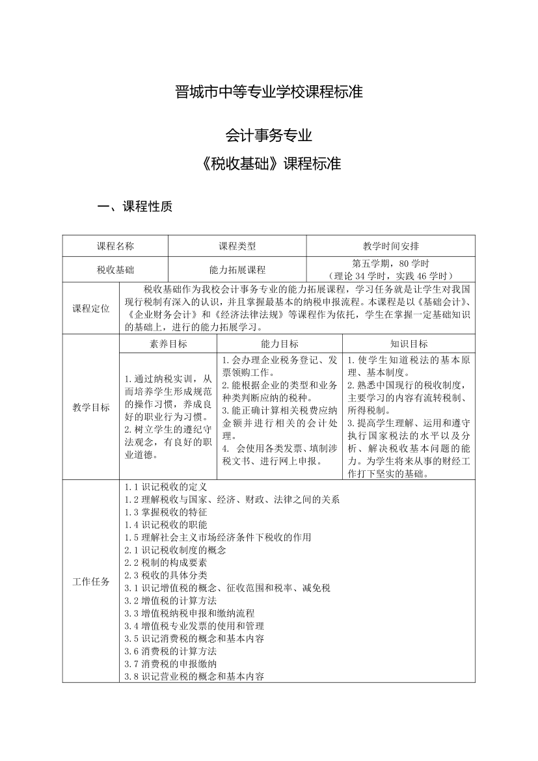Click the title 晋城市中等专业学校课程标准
point(269,90)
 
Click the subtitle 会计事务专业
point(269,135)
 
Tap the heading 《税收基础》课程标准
point(269,163)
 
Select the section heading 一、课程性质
point(135,207)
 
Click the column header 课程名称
point(115,246)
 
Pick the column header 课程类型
point(237,246)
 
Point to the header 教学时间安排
point(390,246)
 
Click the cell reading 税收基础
point(115,269)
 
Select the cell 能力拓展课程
point(237,269)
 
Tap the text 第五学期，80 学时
point(390,263)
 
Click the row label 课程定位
point(91,308)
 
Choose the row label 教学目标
point(91,408)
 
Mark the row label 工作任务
point(91,581)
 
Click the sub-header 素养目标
point(168,343)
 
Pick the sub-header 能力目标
point(279,343)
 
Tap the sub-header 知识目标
point(409,343)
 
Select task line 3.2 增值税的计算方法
point(170,600)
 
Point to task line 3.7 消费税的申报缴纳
point(170,663)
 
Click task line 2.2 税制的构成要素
point(166,563)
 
